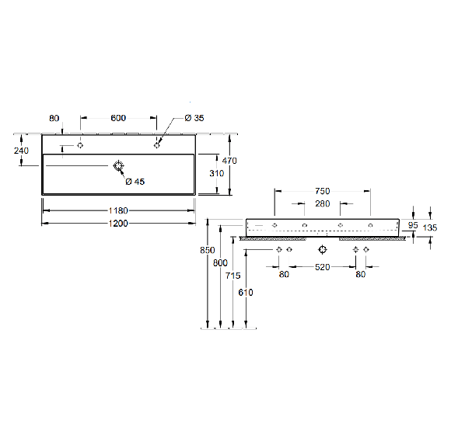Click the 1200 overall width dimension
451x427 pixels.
[118, 224]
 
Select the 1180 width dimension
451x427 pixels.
[118, 210]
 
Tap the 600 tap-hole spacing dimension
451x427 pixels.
[118, 118]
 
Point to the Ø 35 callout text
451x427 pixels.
[194, 118]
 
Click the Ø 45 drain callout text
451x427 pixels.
[135, 182]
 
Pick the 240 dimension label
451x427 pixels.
[21, 151]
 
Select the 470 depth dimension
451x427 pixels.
[229, 161]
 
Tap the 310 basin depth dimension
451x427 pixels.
[217, 173]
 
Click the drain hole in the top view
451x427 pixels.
[118, 165]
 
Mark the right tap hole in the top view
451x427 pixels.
[157, 145]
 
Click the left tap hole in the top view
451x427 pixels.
[80, 145]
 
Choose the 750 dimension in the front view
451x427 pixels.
[323, 191]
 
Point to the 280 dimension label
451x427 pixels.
[323, 203]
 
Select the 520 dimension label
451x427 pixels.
[323, 267]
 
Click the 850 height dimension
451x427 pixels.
[208, 250]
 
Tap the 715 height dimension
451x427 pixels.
[233, 276]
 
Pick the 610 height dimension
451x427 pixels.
[246, 293]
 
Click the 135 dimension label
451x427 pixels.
[430, 227]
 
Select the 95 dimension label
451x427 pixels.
[413, 225]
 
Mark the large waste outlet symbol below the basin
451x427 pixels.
[323, 249]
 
